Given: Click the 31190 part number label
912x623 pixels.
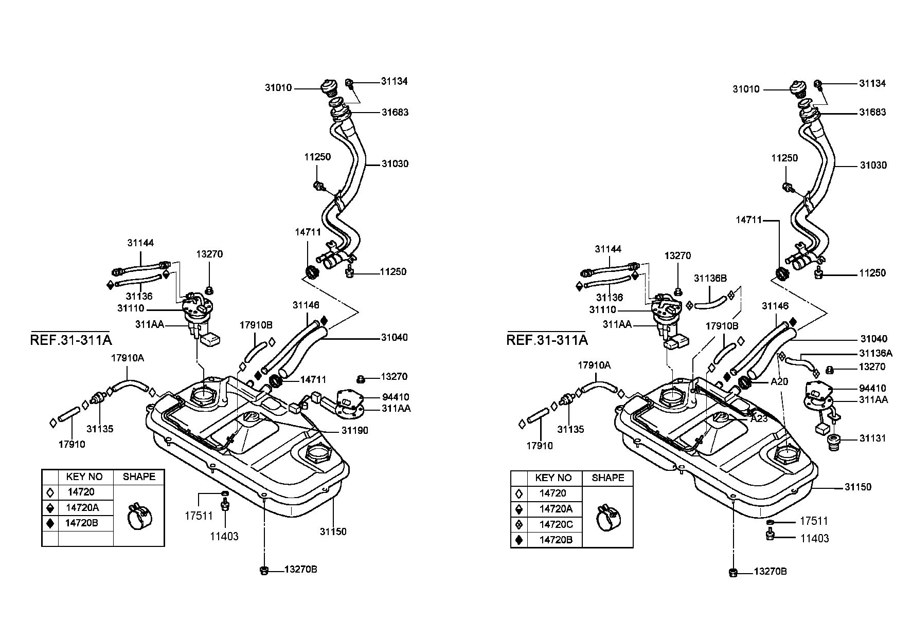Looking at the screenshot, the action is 355,430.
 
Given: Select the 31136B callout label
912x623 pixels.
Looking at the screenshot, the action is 710,278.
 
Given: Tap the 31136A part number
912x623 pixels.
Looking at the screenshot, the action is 875,353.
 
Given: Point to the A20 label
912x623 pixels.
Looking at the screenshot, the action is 779,382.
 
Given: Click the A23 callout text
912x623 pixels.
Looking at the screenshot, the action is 759,418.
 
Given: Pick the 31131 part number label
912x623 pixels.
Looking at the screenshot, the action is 873,438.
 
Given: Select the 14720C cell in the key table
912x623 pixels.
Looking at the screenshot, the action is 556,524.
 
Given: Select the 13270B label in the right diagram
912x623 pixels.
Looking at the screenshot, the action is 771,572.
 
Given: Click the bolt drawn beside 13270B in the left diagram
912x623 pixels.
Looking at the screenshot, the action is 264,570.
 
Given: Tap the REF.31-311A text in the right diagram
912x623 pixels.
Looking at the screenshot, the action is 547,340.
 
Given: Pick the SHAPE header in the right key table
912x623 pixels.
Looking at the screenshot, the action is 608,478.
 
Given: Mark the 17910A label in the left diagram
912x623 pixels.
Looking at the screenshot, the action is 128,358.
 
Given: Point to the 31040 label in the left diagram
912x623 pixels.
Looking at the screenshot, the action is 395,337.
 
